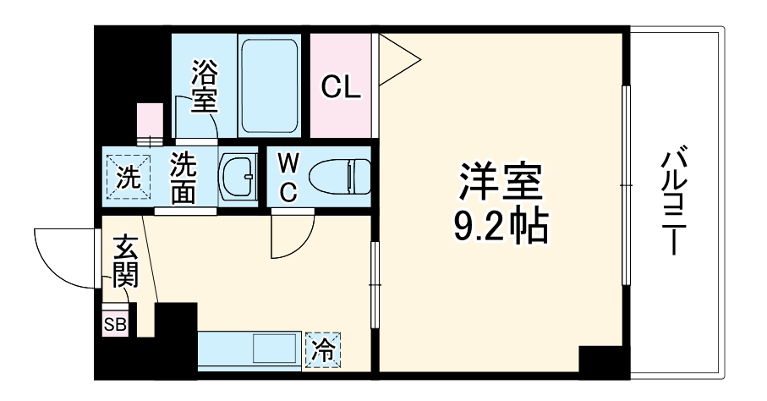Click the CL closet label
pyautogui.click(x=341, y=86)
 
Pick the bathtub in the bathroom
pyautogui.click(x=269, y=85)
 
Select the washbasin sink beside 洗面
pyautogui.click(x=238, y=177)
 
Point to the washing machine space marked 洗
pyautogui.click(x=126, y=177)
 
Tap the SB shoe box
pyautogui.click(x=114, y=323)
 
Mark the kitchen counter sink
pyautogui.click(x=272, y=348)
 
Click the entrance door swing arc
pyautogui.click(x=59, y=258)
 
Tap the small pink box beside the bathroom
pyautogui.click(x=151, y=118)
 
